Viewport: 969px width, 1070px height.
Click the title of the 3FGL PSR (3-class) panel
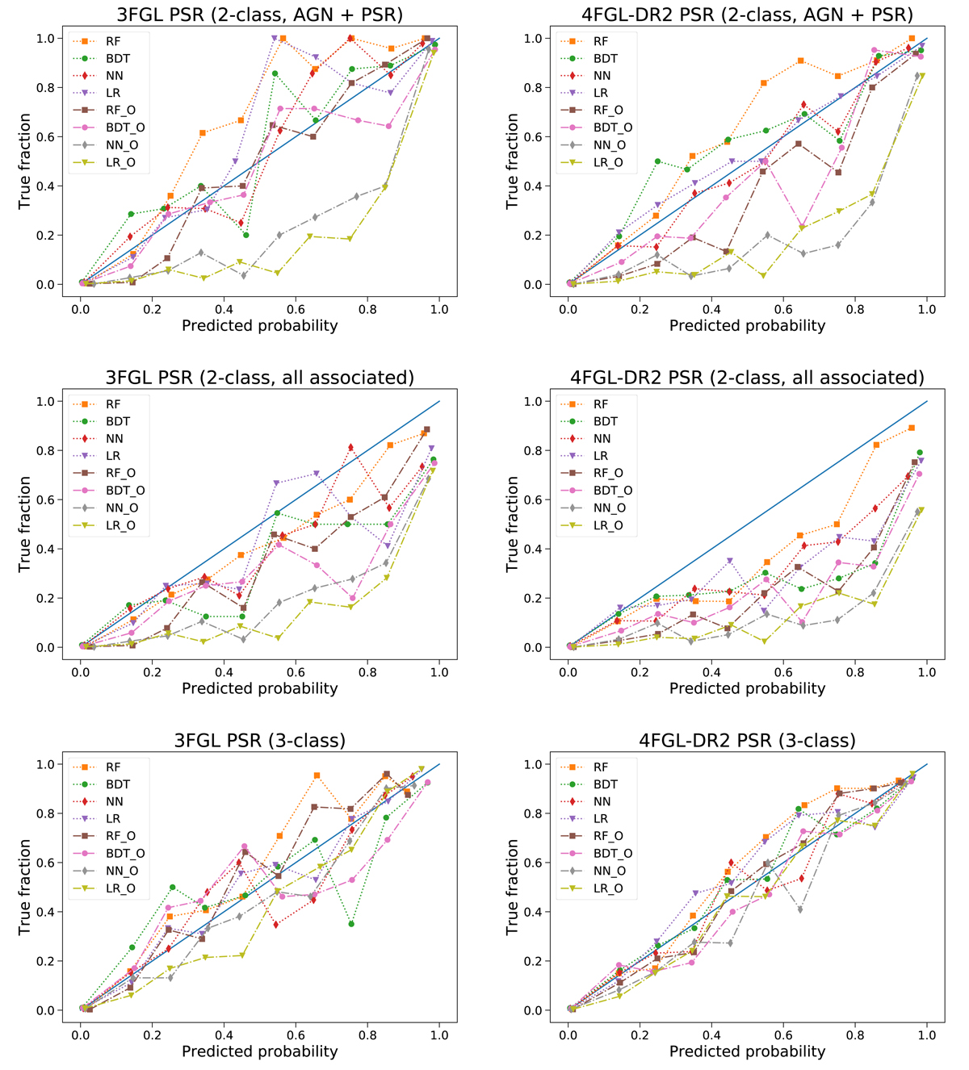point(259,740)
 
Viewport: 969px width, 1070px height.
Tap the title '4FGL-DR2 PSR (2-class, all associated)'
point(747,377)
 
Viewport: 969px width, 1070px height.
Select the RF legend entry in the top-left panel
point(113,41)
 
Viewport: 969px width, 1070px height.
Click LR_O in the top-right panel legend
point(608,162)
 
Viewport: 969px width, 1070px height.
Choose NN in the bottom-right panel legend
point(602,801)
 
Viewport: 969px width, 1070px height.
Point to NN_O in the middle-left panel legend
point(121,508)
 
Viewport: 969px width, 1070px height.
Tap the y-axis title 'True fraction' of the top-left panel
point(24,161)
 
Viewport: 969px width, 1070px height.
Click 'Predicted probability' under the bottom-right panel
point(747,1051)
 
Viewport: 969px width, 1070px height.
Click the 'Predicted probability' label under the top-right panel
point(747,325)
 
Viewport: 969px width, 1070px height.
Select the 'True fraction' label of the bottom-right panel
point(512,888)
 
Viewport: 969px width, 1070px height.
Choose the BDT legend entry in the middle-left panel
point(117,421)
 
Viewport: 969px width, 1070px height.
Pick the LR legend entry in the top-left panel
point(113,93)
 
